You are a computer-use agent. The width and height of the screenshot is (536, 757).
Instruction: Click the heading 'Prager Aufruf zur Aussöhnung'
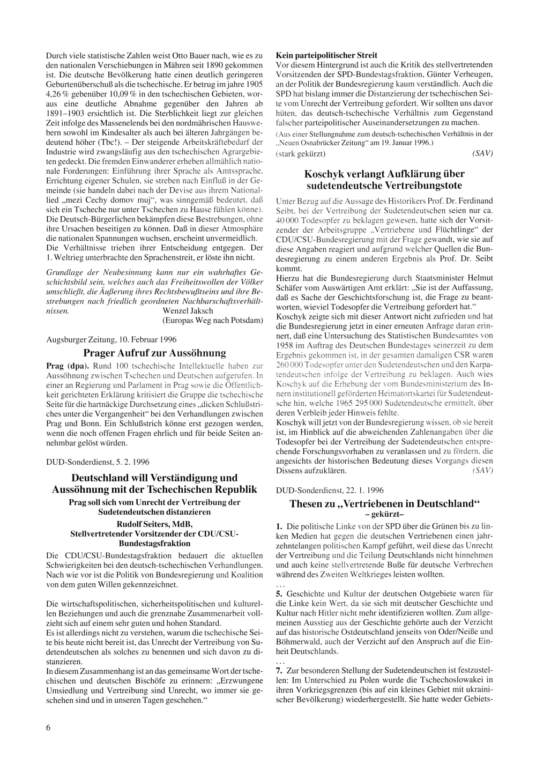click(x=154, y=353)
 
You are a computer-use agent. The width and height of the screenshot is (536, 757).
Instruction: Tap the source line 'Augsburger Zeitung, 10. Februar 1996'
click(x=111, y=339)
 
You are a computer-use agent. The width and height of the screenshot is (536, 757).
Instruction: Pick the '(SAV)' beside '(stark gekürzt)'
click(x=482, y=154)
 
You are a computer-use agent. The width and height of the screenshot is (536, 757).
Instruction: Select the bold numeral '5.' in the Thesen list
click(x=279, y=595)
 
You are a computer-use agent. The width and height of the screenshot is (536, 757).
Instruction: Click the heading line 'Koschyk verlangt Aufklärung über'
click(x=384, y=174)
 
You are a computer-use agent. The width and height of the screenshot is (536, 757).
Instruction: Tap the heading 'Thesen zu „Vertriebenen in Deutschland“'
click(x=384, y=504)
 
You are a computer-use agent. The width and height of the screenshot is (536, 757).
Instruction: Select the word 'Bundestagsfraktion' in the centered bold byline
click(x=154, y=543)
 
